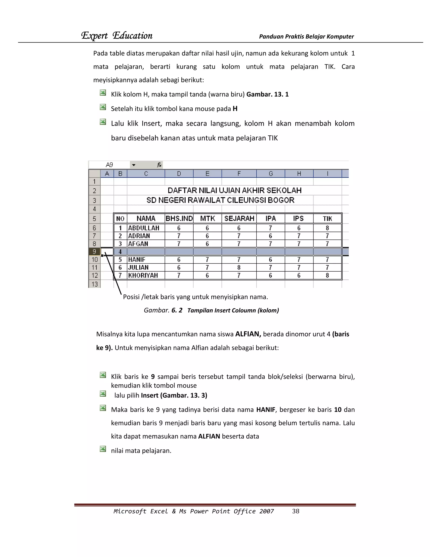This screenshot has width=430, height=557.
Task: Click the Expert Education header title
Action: click(x=117, y=36)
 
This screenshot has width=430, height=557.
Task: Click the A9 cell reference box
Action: click(x=109, y=165)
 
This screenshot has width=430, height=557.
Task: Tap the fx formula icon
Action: click(x=159, y=165)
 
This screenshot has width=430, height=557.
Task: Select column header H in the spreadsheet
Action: click(x=299, y=174)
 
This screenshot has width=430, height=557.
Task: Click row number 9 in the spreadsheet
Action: click(x=94, y=252)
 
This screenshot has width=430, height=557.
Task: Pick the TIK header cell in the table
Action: click(x=327, y=219)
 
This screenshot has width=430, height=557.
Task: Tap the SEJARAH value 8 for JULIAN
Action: click(x=239, y=268)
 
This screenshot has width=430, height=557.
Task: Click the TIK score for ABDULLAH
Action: click(x=327, y=228)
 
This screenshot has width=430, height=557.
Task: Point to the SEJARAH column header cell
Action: click(x=239, y=219)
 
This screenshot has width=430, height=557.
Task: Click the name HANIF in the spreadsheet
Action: click(x=137, y=260)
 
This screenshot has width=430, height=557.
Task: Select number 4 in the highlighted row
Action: click(x=120, y=252)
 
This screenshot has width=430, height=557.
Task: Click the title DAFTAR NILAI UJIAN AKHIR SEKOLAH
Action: click(x=234, y=190)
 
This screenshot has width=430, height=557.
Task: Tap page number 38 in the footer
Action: click(x=295, y=511)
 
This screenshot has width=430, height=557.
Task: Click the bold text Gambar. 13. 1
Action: click(x=267, y=94)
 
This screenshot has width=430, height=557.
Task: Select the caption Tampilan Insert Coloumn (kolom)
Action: click(x=233, y=310)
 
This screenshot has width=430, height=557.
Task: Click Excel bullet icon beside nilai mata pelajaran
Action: click(x=103, y=449)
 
